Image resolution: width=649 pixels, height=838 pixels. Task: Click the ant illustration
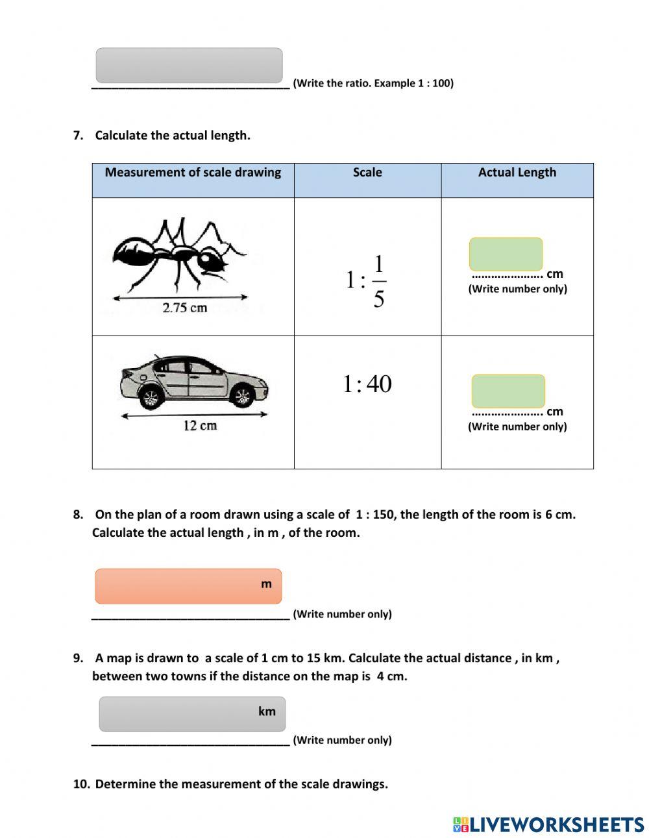pyautogui.click(x=179, y=256)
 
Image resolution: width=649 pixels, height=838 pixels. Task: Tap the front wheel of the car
pyautogui.click(x=243, y=395)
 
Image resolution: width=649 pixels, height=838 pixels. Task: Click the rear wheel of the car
pyautogui.click(x=151, y=396)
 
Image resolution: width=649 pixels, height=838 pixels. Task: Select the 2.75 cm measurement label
pyautogui.click(x=184, y=308)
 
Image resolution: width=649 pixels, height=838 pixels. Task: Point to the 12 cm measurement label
pyautogui.click(x=200, y=426)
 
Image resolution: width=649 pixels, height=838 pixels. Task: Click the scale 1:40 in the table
pyautogui.click(x=367, y=384)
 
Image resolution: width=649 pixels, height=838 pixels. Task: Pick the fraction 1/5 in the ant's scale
pyautogui.click(x=379, y=281)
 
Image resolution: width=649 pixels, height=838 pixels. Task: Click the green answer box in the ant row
pyautogui.click(x=506, y=254)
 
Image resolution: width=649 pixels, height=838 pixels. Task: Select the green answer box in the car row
pyautogui.click(x=508, y=391)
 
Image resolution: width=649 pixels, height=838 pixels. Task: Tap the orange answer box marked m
pyautogui.click(x=188, y=586)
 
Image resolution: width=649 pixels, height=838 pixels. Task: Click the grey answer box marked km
pyautogui.click(x=191, y=713)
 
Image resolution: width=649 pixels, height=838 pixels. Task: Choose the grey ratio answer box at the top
pyautogui.click(x=189, y=65)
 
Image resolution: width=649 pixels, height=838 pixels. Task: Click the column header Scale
pyautogui.click(x=367, y=173)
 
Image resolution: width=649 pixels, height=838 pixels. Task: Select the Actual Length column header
pyautogui.click(x=517, y=173)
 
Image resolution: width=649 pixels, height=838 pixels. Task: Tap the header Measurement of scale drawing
pyautogui.click(x=193, y=173)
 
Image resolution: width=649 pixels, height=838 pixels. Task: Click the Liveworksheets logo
pyautogui.click(x=548, y=824)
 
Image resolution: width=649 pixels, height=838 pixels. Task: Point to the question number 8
pyautogui.click(x=78, y=515)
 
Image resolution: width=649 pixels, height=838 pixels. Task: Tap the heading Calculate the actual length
pyautogui.click(x=172, y=136)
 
